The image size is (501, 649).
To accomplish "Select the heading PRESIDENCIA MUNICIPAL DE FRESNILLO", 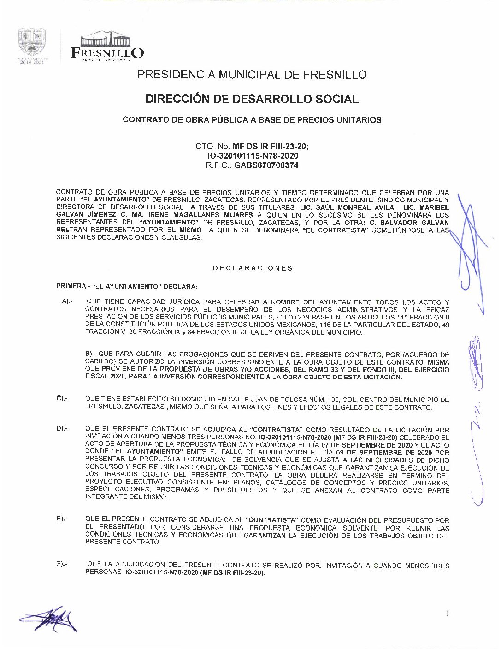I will [252, 75].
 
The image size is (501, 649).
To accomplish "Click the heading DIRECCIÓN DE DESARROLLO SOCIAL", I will [252, 99].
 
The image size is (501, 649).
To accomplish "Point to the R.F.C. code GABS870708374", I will [266, 165].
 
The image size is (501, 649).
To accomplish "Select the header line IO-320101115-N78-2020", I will [253, 156].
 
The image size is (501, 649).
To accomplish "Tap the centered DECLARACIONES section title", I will [252, 268].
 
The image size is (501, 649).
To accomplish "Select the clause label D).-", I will [62, 429].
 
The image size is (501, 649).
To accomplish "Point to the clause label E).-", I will [62, 519].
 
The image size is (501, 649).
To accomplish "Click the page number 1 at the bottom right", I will [447, 613].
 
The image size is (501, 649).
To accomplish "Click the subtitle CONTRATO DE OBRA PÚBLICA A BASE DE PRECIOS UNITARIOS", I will [252, 120].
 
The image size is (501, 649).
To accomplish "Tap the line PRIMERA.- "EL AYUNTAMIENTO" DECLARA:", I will [127, 286].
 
